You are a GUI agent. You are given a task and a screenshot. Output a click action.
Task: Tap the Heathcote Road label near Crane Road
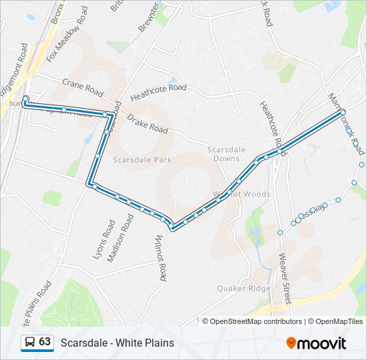point(158,91)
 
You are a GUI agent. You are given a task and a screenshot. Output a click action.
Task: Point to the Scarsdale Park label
point(142,160)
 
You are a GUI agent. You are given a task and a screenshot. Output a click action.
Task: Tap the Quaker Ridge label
point(244,289)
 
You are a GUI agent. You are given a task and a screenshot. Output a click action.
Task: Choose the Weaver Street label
point(285,277)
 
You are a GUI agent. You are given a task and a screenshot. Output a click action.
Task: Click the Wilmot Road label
point(159,257)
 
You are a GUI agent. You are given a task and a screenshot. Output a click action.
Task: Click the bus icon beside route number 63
point(29,342)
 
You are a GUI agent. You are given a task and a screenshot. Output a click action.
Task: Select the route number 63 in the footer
point(45,342)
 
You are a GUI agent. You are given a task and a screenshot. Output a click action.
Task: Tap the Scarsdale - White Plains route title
point(117,343)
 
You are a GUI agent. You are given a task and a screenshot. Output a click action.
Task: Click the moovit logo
point(316,343)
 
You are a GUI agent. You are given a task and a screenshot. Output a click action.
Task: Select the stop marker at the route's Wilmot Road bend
point(173,229)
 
